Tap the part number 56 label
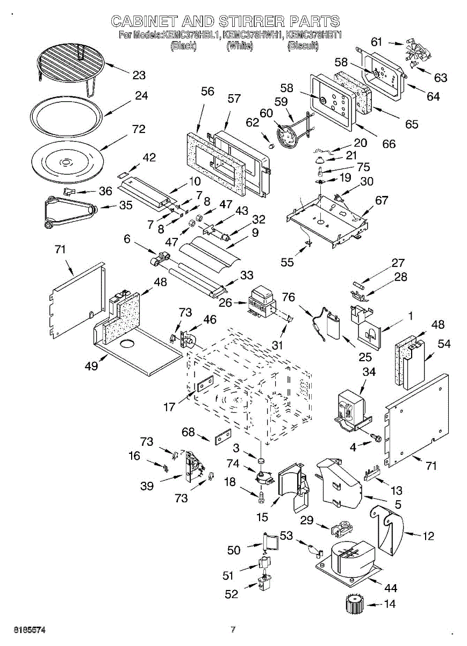pos(207,92)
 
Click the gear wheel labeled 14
pos(355,603)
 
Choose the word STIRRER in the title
pos(252,22)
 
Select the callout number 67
pos(381,201)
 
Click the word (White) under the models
pos(240,46)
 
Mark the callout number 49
pos(91,366)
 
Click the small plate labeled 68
pos(223,437)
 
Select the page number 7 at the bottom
pos(233,629)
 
